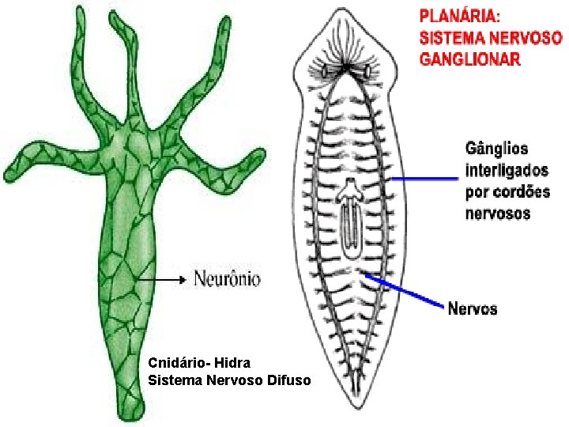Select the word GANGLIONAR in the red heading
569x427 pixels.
click(x=469, y=59)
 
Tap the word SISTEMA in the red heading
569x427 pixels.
click(x=449, y=37)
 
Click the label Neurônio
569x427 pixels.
click(x=227, y=278)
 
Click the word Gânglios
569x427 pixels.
click(x=496, y=149)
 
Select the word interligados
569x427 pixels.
click(x=507, y=170)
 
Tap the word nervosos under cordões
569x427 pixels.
click(x=498, y=213)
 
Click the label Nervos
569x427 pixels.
click(x=473, y=308)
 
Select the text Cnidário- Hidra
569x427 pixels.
click(x=199, y=363)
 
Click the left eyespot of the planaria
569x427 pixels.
click(x=325, y=71)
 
